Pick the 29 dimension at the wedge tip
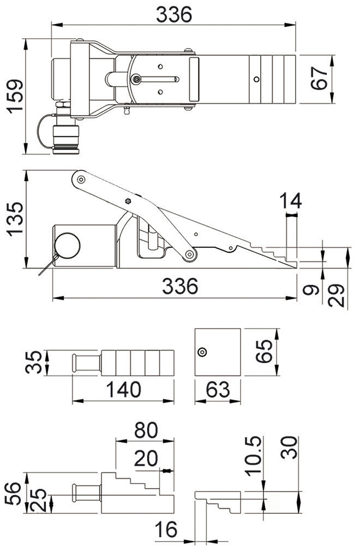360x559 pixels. [x=339, y=296]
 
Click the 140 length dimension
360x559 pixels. [x=123, y=390]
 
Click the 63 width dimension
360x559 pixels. [x=218, y=390]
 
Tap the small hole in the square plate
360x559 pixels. [x=202, y=352]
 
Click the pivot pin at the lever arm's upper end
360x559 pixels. [x=81, y=179]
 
